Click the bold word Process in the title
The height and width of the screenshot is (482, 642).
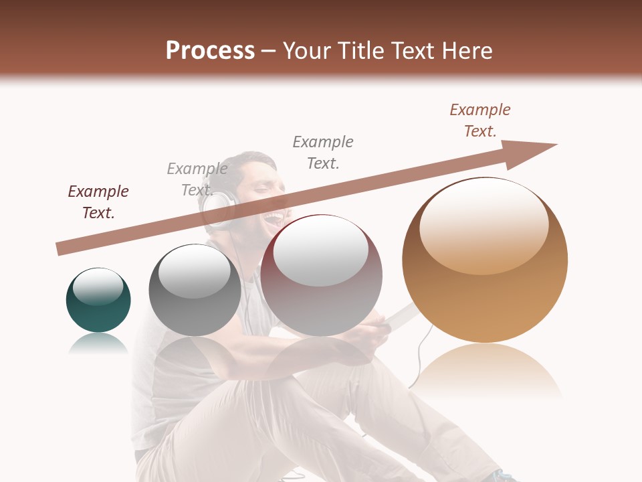pyautogui.click(x=210, y=51)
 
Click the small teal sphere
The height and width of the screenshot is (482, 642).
pyautogui.click(x=98, y=301)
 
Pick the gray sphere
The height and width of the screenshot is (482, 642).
pyautogui.click(x=195, y=290)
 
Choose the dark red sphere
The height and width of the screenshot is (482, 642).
pyautogui.click(x=321, y=275)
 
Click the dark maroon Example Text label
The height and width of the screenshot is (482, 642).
pyautogui.click(x=98, y=202)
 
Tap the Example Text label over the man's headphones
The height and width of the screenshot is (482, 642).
pyautogui.click(x=197, y=179)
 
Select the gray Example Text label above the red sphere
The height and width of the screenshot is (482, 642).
pyautogui.click(x=323, y=152)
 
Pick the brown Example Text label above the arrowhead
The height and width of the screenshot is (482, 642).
pyautogui.click(x=480, y=120)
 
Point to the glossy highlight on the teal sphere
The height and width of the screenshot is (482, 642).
pyautogui.click(x=98, y=287)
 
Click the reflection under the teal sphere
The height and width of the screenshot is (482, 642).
pyautogui.click(x=98, y=344)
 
